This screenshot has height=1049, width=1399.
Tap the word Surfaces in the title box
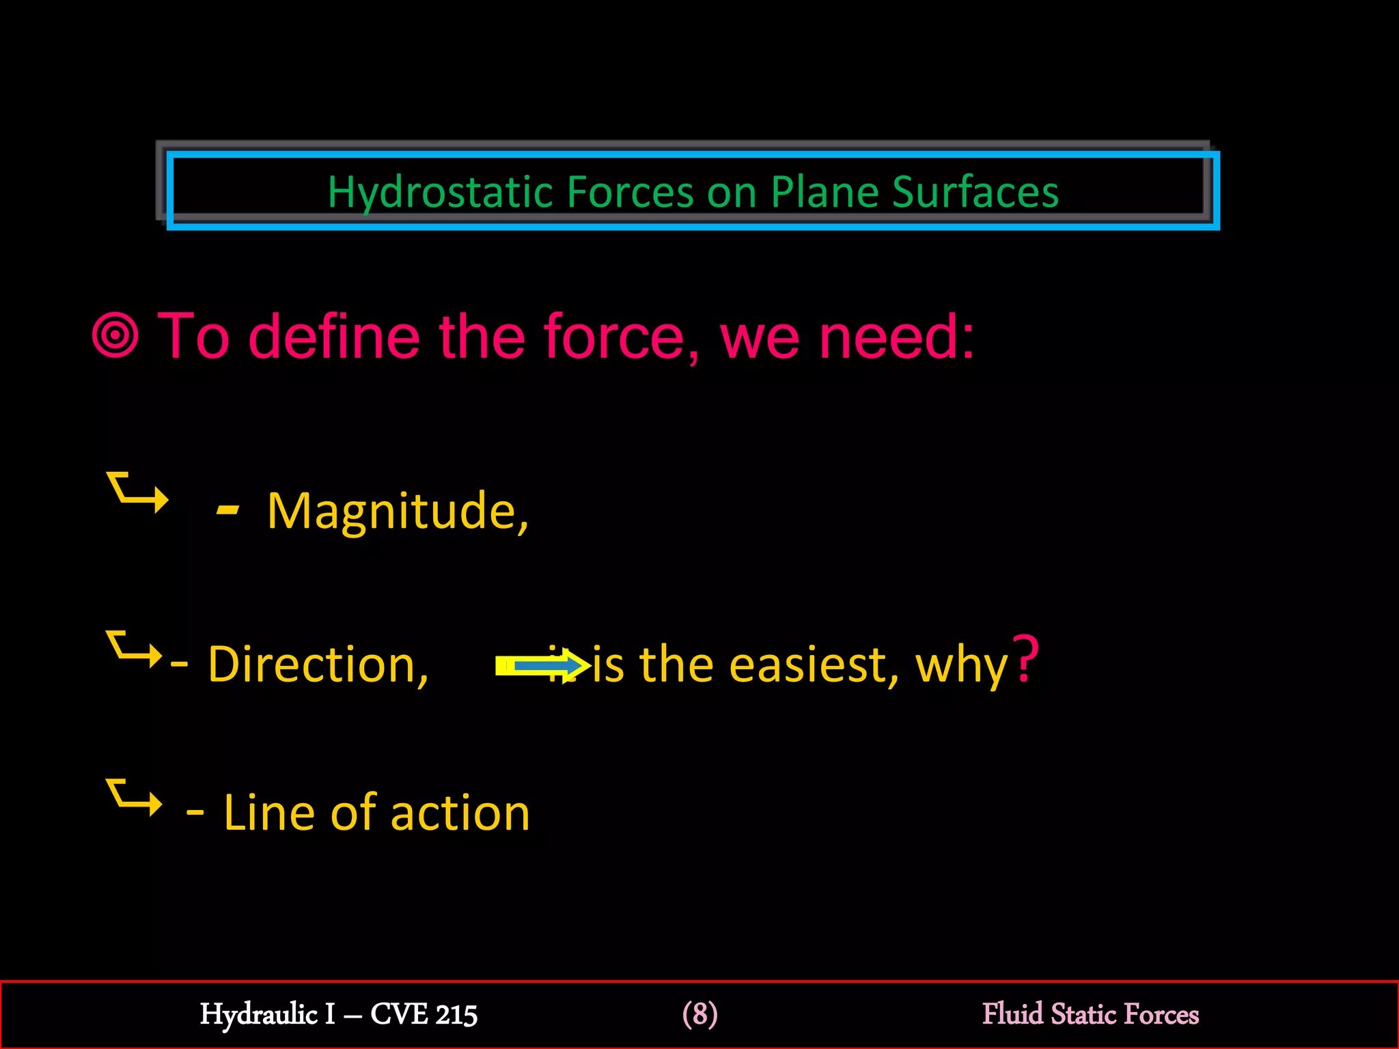(x=975, y=192)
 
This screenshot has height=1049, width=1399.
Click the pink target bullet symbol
(x=115, y=335)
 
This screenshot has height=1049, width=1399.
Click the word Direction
(x=318, y=665)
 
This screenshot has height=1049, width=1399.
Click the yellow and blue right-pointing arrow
(x=543, y=665)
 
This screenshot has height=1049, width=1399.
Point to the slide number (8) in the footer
(x=699, y=1014)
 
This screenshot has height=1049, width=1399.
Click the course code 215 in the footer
(x=456, y=1015)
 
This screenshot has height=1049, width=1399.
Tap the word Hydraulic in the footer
(x=259, y=1015)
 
